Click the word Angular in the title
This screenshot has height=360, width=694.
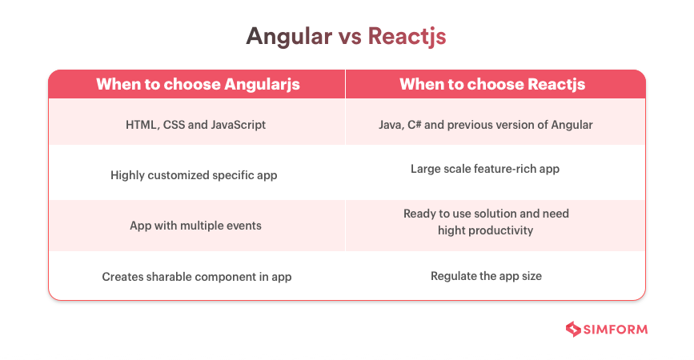(289, 37)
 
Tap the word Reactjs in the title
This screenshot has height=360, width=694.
(407, 37)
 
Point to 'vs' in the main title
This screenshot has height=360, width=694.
(350, 38)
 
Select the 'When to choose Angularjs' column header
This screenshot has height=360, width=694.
(198, 84)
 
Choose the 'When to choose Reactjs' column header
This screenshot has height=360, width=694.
(492, 84)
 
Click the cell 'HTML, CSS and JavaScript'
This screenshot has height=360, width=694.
(195, 125)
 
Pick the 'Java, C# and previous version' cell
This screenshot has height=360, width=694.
(486, 125)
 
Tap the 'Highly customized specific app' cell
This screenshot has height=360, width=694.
(194, 175)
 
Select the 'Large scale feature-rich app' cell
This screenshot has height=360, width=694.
(485, 169)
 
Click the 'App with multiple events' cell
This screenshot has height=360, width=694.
(195, 226)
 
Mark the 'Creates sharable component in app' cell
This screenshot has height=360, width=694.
(197, 277)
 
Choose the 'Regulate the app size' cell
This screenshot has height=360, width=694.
(486, 276)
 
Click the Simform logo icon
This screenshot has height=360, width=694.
(573, 329)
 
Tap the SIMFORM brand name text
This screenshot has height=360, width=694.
(616, 330)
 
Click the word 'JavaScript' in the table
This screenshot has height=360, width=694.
(238, 125)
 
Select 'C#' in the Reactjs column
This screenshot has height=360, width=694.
(415, 125)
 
